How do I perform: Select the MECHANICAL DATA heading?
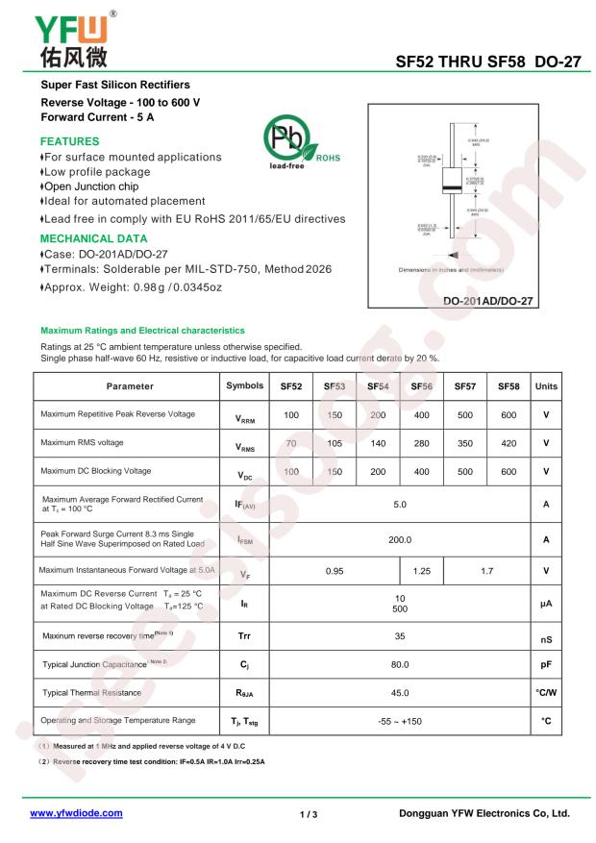click(x=94, y=238)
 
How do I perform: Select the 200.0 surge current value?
click(x=400, y=539)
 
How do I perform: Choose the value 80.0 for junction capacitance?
click(x=400, y=663)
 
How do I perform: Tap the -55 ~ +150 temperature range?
click(x=400, y=720)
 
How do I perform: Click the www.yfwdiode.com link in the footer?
click(x=77, y=812)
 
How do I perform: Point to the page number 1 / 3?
click(x=309, y=813)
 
